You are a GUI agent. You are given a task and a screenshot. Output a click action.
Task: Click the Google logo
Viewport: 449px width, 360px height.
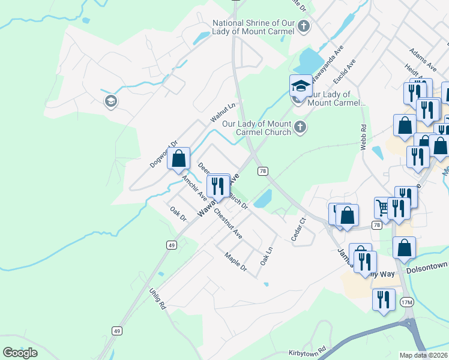click(20, 353)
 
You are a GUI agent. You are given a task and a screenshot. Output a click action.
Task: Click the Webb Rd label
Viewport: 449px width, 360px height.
click(363, 137)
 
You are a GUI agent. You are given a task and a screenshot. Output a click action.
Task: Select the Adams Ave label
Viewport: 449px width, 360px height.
click(420, 58)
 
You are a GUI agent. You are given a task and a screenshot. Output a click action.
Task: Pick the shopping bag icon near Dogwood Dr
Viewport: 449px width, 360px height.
click(178, 159)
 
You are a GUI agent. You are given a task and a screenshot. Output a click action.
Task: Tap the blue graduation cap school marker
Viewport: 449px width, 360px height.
click(301, 86)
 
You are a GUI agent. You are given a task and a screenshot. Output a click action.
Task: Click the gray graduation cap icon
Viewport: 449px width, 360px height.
click(110, 101)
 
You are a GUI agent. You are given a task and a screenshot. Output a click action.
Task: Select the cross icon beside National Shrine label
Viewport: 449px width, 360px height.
click(304, 26)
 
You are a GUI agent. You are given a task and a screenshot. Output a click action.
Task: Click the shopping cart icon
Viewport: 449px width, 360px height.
click(382, 208)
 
